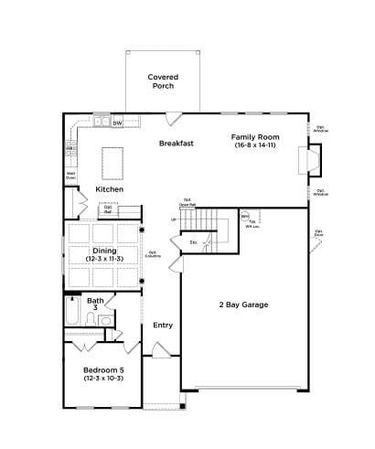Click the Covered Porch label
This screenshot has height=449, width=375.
163,80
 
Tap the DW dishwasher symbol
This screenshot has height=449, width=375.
117,122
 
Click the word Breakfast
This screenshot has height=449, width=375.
176,144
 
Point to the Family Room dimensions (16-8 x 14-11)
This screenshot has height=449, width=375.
255,144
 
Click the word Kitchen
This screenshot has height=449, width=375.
110,189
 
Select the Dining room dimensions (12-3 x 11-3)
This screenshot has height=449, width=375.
103,260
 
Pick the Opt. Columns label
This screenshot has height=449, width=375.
154,253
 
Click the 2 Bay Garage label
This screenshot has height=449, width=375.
242,305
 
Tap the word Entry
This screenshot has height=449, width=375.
163,325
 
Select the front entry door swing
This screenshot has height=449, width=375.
160,350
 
